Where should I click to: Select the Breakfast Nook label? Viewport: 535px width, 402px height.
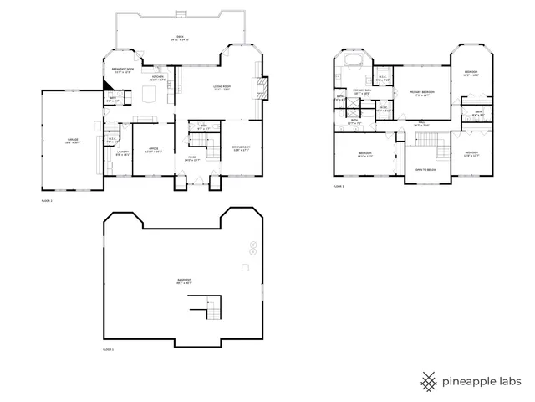click(124, 70)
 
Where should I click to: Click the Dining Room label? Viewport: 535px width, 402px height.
click(241, 148)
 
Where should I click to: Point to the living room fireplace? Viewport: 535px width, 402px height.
click(262, 87)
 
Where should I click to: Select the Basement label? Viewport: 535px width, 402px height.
click(182, 281)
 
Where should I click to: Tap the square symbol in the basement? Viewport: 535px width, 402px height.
click(245, 267)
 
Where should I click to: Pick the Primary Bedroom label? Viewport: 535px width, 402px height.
click(421, 94)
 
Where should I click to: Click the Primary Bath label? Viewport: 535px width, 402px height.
click(362, 91)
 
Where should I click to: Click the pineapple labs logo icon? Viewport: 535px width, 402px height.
click(429, 381)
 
